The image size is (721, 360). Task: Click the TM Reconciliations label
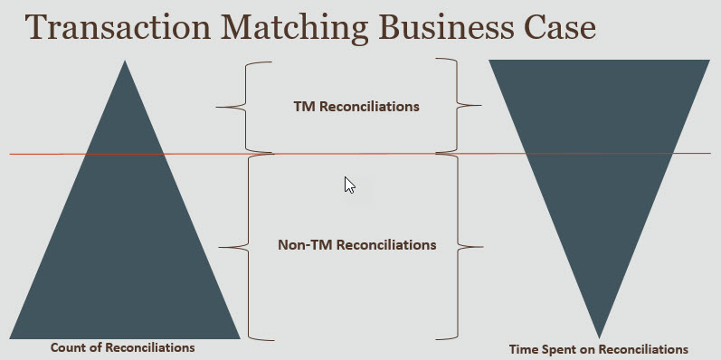356,106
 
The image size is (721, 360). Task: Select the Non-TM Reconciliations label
356,244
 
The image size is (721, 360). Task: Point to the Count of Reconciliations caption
122,347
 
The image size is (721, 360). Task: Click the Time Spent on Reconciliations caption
598,348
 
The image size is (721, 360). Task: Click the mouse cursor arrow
349,184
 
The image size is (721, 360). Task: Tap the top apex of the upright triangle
125,62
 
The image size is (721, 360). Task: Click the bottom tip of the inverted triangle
599,336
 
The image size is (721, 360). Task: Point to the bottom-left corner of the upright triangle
11,337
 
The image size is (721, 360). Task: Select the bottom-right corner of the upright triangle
239,337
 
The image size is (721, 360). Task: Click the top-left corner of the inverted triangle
490,61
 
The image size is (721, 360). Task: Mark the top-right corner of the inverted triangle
708,61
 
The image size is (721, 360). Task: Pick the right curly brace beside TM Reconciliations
468,106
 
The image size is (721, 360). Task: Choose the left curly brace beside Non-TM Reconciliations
234,245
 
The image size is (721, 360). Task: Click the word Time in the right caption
524,348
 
